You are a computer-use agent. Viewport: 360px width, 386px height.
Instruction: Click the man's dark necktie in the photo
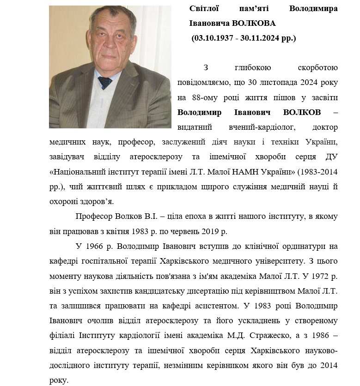click(104, 84)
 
